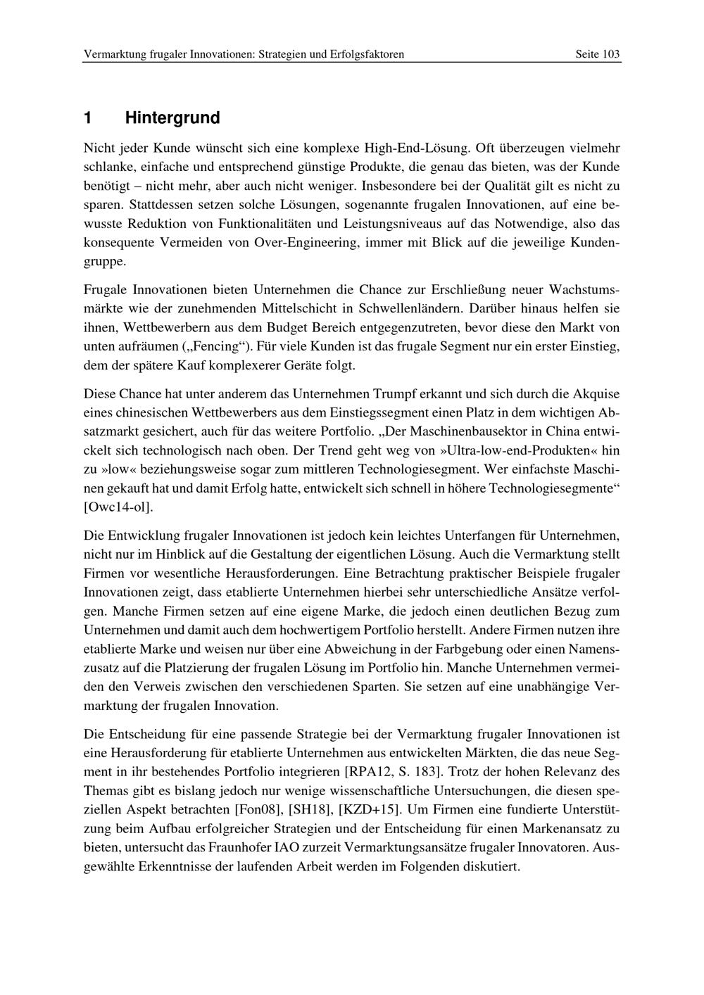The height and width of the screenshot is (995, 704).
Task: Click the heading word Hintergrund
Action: point(172,118)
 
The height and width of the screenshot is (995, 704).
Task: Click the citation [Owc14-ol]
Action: point(118,507)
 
